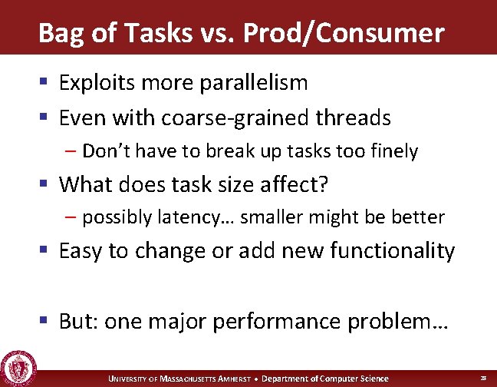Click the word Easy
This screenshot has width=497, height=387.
[84, 251]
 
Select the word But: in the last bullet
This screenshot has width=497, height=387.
[78, 321]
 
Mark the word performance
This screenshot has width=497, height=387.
[278, 322]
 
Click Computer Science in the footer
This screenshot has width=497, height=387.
[358, 379]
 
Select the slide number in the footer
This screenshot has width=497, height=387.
[483, 379]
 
